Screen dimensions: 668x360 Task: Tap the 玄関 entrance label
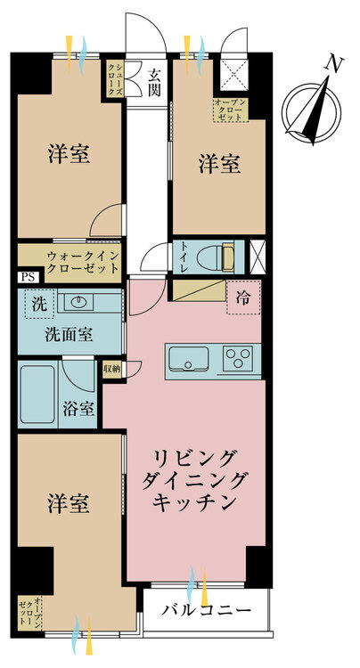pyautogui.click(x=154, y=82)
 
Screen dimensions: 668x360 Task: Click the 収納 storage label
pyautogui.click(x=112, y=368)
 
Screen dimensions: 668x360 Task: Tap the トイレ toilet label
pyautogui.click(x=180, y=256)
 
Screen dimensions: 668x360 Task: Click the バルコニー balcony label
pyautogui.click(x=204, y=611)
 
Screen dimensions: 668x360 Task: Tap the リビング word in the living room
pyautogui.click(x=196, y=459)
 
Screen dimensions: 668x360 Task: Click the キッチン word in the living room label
pyautogui.click(x=196, y=504)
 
